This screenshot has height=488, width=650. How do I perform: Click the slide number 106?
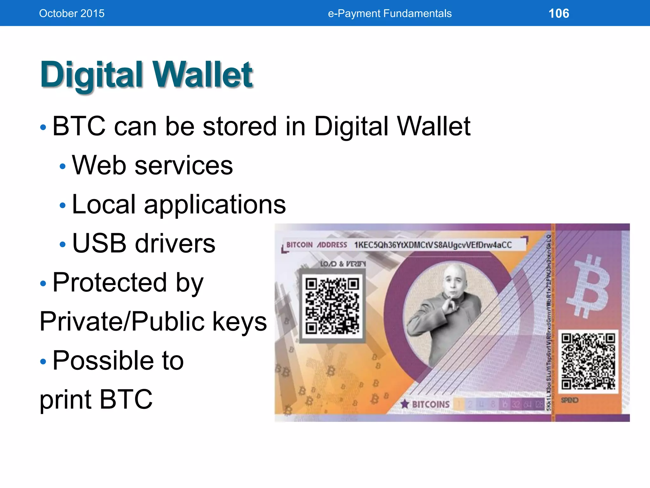pyautogui.click(x=559, y=13)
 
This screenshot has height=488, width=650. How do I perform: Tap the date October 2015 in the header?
pyautogui.click(x=72, y=13)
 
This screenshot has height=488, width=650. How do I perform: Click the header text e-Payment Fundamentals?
pyautogui.click(x=389, y=13)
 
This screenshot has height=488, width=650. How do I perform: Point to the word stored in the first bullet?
pyautogui.click(x=240, y=126)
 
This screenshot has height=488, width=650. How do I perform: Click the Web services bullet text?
pyautogui.click(x=152, y=165)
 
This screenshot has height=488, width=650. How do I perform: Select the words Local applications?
pyautogui.click(x=179, y=204)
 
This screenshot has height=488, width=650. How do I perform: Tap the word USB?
pyautogui.click(x=99, y=243)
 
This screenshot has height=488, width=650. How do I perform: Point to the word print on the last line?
pyautogui.click(x=65, y=399)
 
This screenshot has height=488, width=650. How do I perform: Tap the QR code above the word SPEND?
pyautogui.click(x=588, y=361)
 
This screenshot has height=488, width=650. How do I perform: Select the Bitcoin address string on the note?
pyautogui.click(x=433, y=245)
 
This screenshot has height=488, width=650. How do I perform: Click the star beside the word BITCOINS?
pyautogui.click(x=405, y=404)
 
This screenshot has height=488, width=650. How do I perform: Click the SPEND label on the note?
pyautogui.click(x=569, y=400)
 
